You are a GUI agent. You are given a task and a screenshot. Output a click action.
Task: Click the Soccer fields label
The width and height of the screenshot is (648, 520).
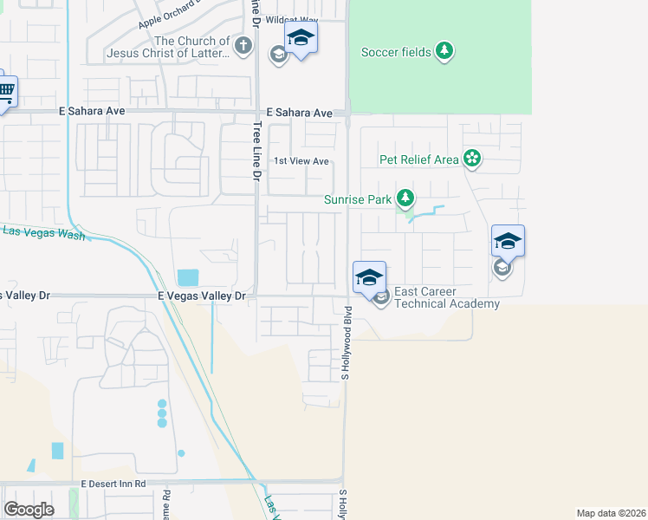click(x=396, y=52)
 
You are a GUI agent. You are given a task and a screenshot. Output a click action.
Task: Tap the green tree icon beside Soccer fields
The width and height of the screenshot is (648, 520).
click(x=444, y=51)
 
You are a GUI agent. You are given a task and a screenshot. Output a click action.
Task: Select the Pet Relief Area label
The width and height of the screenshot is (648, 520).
click(x=419, y=159)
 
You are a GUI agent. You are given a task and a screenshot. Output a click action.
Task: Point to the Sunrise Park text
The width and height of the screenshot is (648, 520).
click(x=358, y=199)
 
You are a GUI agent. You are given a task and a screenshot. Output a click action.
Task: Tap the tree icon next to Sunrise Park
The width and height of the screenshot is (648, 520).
click(x=405, y=198)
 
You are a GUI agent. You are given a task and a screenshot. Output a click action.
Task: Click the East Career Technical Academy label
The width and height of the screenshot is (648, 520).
click(x=447, y=297)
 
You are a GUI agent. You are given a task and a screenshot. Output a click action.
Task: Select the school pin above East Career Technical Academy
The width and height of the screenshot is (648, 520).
click(x=369, y=277)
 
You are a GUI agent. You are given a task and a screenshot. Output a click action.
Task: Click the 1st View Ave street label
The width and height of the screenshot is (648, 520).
click(x=301, y=161)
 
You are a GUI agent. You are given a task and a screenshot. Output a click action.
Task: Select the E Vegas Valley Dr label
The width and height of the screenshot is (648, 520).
click(x=203, y=296)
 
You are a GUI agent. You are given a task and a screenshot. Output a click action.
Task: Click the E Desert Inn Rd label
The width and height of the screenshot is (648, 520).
click(x=113, y=484)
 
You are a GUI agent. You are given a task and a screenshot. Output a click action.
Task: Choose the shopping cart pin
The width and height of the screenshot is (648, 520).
click(x=4, y=90)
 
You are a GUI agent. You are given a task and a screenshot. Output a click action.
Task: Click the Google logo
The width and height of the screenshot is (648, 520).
click(x=29, y=509)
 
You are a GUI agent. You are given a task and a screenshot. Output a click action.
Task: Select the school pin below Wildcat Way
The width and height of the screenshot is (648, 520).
click(x=301, y=38)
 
